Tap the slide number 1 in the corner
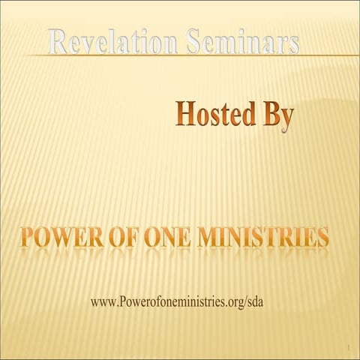click(349, 348)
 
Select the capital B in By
click(268, 115)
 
